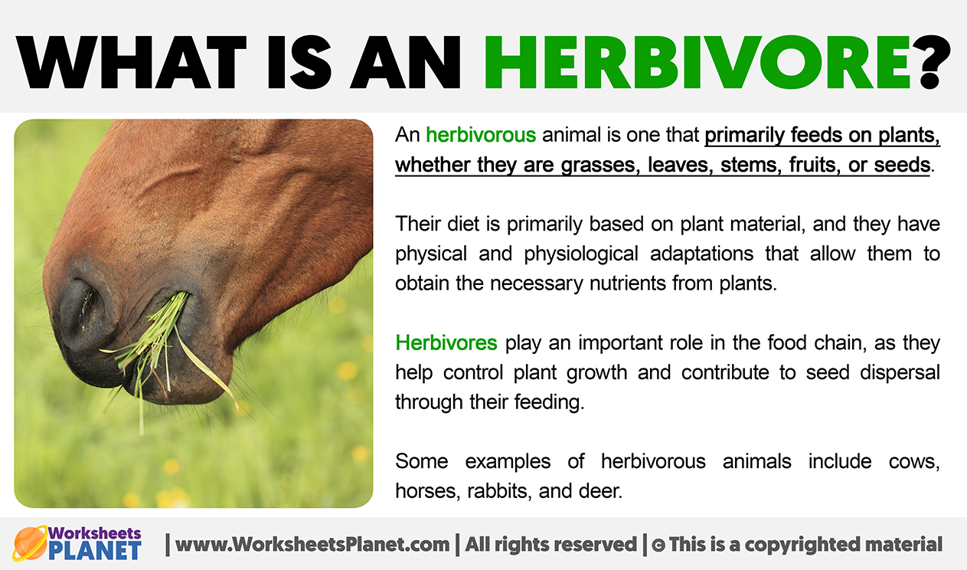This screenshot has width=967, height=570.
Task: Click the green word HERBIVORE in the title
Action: tap(698, 62)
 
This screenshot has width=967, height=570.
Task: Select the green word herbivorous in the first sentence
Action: tap(481, 135)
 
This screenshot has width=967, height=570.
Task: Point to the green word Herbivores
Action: tap(446, 343)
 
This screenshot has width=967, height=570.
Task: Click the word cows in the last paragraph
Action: tap(914, 462)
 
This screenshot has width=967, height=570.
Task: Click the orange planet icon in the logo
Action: tap(30, 543)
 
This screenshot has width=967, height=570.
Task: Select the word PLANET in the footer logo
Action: tap(95, 551)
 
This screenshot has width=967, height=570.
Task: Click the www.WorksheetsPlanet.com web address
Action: tap(312, 545)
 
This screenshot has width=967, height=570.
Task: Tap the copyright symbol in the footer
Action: tap(658, 545)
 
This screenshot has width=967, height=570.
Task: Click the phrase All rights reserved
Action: tap(551, 545)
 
